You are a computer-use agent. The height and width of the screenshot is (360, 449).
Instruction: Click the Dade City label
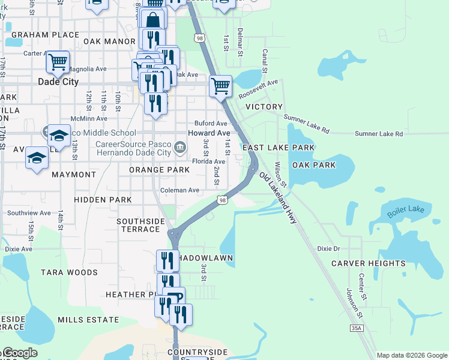[x=58, y=82]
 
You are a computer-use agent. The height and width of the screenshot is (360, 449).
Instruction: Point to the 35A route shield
[x=357, y=328]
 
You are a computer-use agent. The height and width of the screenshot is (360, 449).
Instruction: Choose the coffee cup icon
[x=173, y=298]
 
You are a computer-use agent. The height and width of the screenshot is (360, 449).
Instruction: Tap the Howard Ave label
[x=209, y=133]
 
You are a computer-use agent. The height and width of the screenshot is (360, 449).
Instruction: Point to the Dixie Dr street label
[x=328, y=248]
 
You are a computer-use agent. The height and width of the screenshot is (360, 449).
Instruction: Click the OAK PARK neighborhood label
[x=314, y=164]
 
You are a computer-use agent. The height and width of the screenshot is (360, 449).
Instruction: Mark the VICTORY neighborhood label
[x=264, y=107]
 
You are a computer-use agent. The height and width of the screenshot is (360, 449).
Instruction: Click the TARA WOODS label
[x=69, y=272]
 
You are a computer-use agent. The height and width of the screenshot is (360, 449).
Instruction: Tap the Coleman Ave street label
[x=179, y=190]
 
